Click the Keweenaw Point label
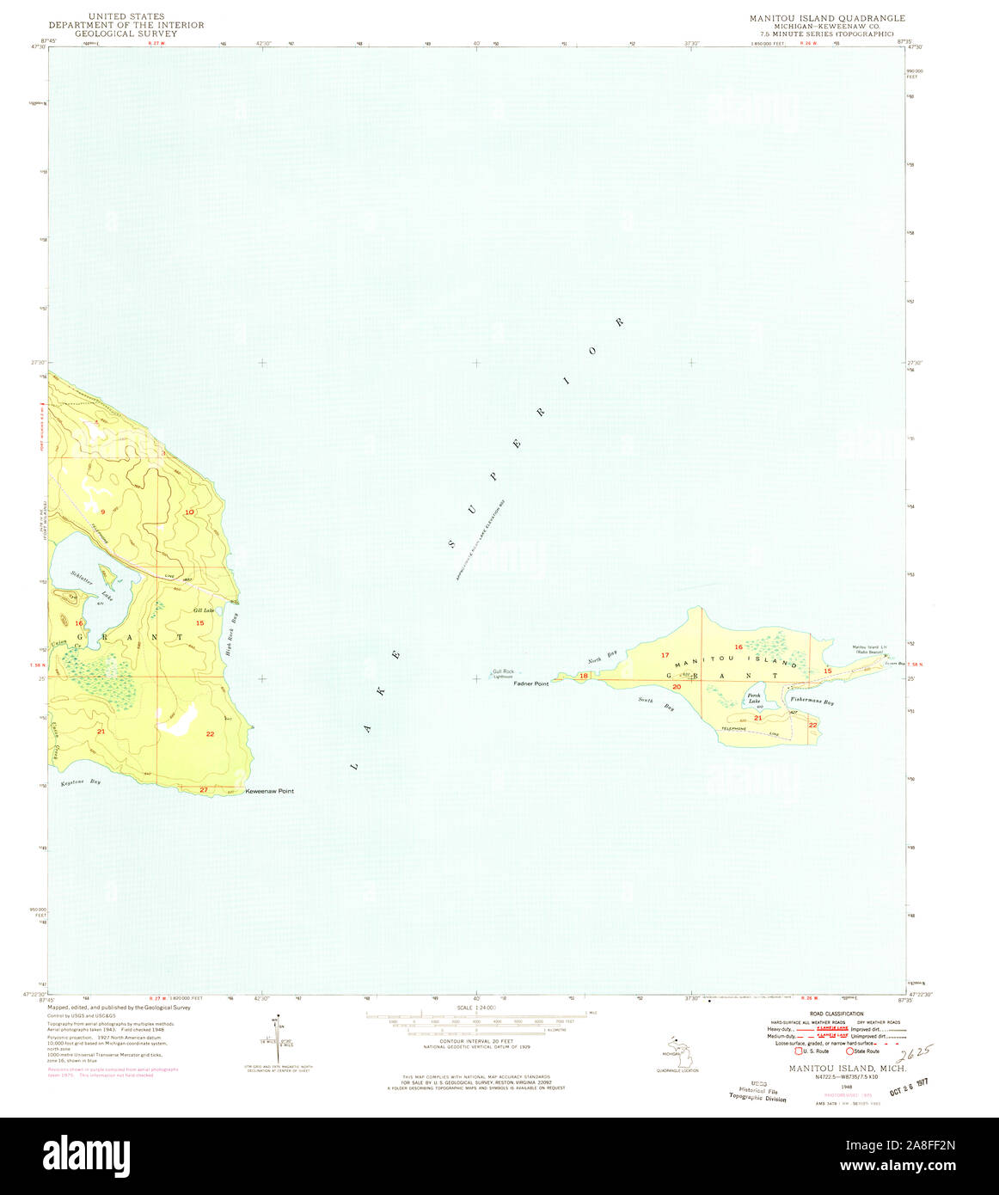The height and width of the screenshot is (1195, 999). pyautogui.click(x=270, y=791)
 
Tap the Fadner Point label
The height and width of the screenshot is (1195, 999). pyautogui.click(x=531, y=684)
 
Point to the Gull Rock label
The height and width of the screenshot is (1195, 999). pyautogui.click(x=503, y=671)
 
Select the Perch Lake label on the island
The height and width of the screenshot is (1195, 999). pyautogui.click(x=754, y=697)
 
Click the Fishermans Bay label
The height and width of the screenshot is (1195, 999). pyautogui.click(x=812, y=702)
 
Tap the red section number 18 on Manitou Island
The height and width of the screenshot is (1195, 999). pyautogui.click(x=585, y=677)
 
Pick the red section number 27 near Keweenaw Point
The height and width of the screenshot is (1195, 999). pyautogui.click(x=204, y=789)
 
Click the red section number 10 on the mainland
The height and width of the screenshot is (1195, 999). pyautogui.click(x=188, y=512)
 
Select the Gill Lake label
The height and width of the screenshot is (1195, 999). pyautogui.click(x=204, y=610)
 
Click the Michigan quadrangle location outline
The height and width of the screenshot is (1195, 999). pyautogui.click(x=678, y=1051)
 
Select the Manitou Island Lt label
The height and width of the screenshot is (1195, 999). pyautogui.click(x=869, y=647)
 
